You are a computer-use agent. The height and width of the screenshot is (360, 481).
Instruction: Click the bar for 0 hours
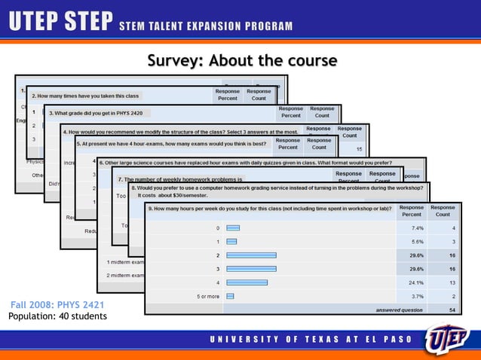[232, 227]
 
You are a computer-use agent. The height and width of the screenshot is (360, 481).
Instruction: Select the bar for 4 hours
[247, 282]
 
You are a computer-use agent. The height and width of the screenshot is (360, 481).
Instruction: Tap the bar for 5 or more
[230, 296]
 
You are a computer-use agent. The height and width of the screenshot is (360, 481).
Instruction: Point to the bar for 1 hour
[231, 241]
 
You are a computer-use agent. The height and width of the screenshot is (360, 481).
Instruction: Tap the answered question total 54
[451, 310]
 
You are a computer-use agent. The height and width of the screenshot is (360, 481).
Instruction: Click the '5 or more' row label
[208, 296]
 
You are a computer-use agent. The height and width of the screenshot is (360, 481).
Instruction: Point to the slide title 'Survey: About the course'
[241, 60]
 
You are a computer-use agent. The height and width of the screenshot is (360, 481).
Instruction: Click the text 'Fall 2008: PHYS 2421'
[57, 305]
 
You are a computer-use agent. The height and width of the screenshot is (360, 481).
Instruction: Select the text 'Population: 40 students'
[57, 316]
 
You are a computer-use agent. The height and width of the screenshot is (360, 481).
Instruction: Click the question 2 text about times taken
[85, 96]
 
